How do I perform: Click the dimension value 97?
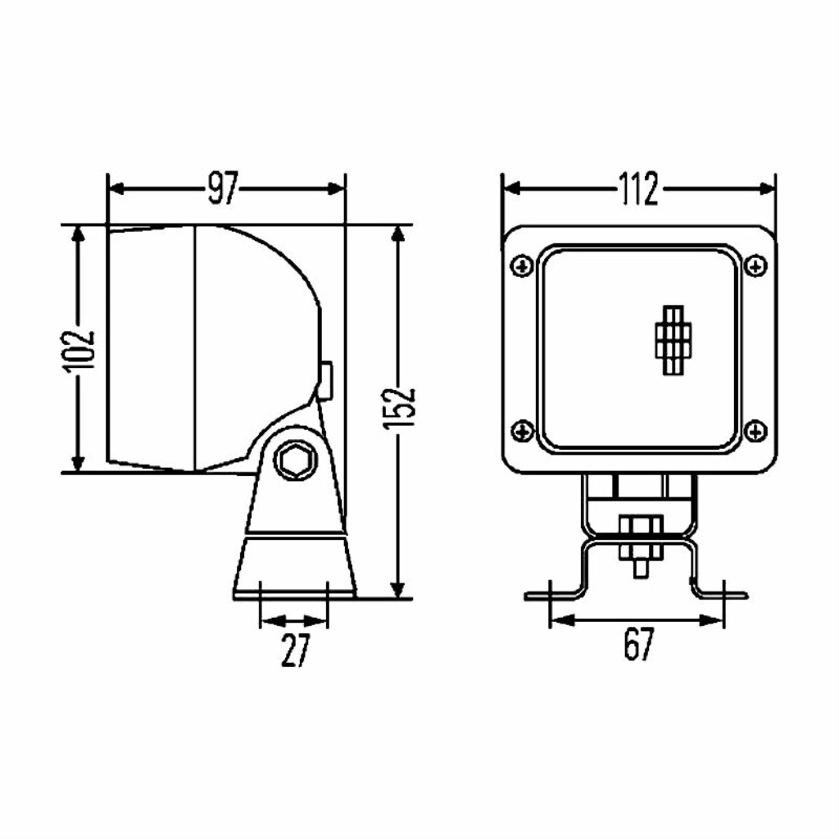pyautogui.click(x=222, y=188)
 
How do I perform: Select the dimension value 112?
pyautogui.click(x=638, y=189)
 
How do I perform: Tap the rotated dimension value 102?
pyautogui.click(x=79, y=351)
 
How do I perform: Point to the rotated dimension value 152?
pyautogui.click(x=399, y=409)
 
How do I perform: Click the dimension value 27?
pyautogui.click(x=295, y=650)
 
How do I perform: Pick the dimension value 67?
pyautogui.click(x=638, y=644)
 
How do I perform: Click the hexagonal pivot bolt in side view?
pyautogui.click(x=295, y=460)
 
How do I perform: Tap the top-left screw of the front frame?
pyautogui.click(x=522, y=265)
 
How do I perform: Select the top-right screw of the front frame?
pyautogui.click(x=755, y=265)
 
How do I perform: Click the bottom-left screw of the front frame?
pyautogui.click(x=522, y=431)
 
